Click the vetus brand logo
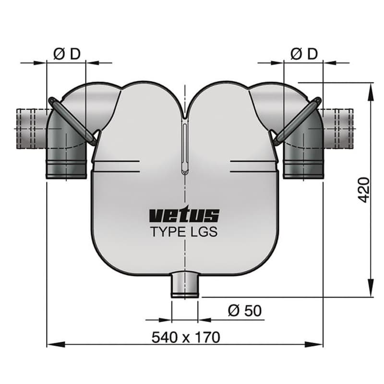click(184, 215)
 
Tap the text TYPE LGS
click(184, 232)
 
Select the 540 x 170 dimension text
click(186, 337)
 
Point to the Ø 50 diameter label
click(245, 311)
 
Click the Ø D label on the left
click(67, 54)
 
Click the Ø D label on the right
click(304, 54)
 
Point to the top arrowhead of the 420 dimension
click(371, 89)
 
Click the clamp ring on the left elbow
click(72, 120)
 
